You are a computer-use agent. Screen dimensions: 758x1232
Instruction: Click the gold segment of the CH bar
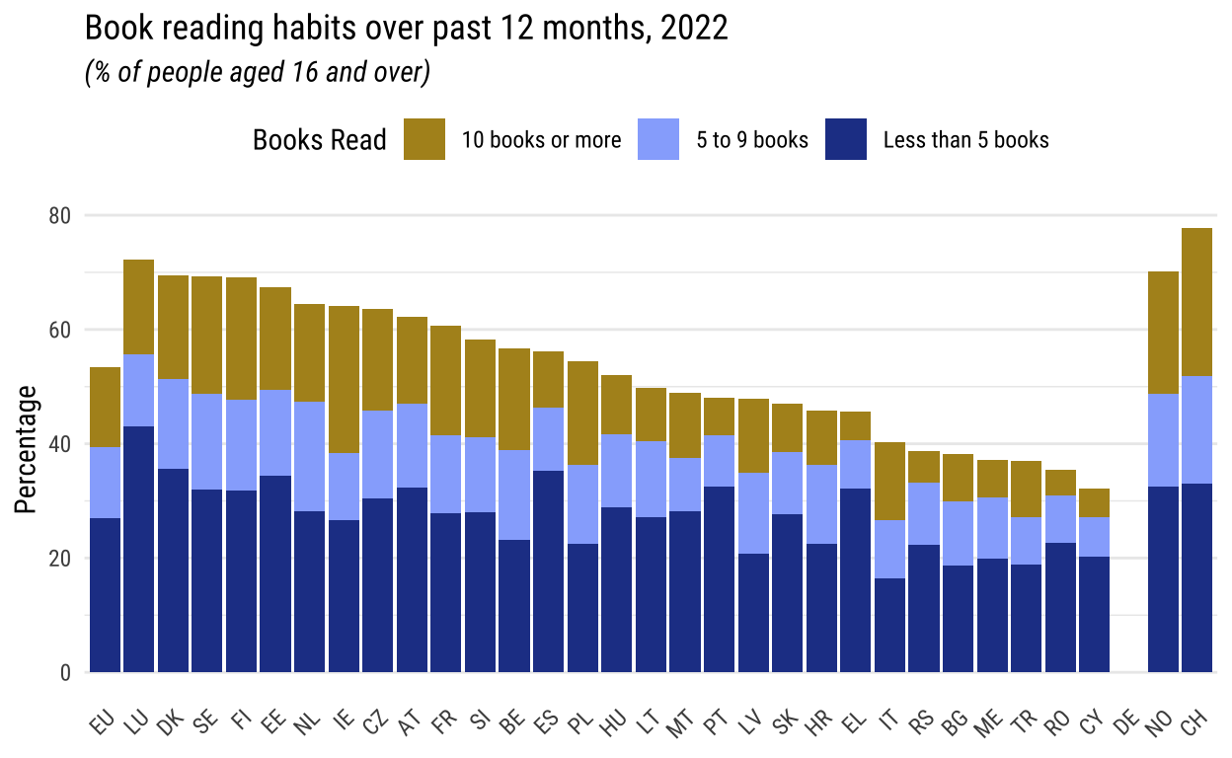[x=1196, y=302]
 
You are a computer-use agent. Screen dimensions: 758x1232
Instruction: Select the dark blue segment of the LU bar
[x=138, y=549]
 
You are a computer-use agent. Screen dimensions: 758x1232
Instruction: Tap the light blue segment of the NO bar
[x=1163, y=440]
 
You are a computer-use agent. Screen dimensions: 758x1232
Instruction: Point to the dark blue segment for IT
[x=890, y=625]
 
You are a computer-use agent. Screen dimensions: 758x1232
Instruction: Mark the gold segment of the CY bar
[x=1094, y=502]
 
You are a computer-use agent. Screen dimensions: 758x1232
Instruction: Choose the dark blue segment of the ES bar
[x=548, y=570]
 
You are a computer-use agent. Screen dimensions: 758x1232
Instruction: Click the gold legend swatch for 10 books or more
[x=424, y=139]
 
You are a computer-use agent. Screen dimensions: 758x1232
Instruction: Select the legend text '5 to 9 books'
[x=752, y=140]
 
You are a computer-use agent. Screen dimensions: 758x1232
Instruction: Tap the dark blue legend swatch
[x=846, y=139]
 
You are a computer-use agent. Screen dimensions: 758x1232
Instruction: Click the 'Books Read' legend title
[x=319, y=140]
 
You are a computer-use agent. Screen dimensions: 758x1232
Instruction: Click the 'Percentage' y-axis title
[x=27, y=450]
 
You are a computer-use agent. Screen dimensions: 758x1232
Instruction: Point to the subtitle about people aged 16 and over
[x=258, y=73]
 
